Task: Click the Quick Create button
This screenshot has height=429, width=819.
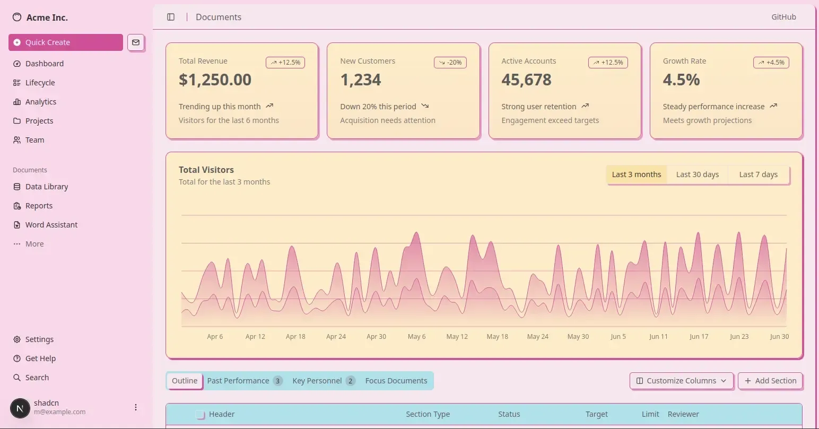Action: (66, 42)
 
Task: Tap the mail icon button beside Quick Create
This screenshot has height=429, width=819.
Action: (136, 42)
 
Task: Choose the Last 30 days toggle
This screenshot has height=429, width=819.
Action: (697, 174)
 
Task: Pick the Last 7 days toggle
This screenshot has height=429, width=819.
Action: (759, 174)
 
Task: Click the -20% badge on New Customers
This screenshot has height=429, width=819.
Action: (450, 63)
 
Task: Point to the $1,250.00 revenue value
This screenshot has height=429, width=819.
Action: (215, 80)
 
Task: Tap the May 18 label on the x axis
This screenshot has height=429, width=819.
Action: (497, 337)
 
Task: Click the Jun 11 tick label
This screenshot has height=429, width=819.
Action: (658, 337)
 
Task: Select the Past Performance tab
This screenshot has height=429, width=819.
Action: (245, 381)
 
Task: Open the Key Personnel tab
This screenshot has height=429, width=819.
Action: (323, 381)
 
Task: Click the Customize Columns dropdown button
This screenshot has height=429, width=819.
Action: (682, 381)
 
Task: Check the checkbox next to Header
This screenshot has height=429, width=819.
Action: (199, 414)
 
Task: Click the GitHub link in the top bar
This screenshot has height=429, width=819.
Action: (783, 17)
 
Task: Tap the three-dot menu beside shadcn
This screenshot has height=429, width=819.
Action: (136, 407)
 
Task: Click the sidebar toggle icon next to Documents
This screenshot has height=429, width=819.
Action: (171, 17)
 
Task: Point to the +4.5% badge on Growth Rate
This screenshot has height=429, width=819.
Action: (771, 63)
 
